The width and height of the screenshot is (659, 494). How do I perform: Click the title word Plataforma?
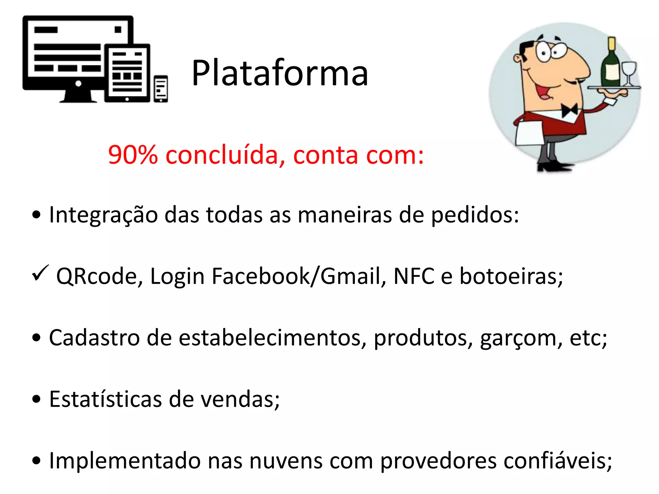point(279,73)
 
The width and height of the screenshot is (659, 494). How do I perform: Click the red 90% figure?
point(133,155)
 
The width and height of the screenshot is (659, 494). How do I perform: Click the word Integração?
point(103,215)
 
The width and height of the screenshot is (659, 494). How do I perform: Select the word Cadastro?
point(94,338)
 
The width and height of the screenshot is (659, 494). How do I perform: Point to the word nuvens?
point(286,461)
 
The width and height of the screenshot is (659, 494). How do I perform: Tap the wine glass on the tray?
point(629,73)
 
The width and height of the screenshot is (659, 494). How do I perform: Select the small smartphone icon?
point(161,89)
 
